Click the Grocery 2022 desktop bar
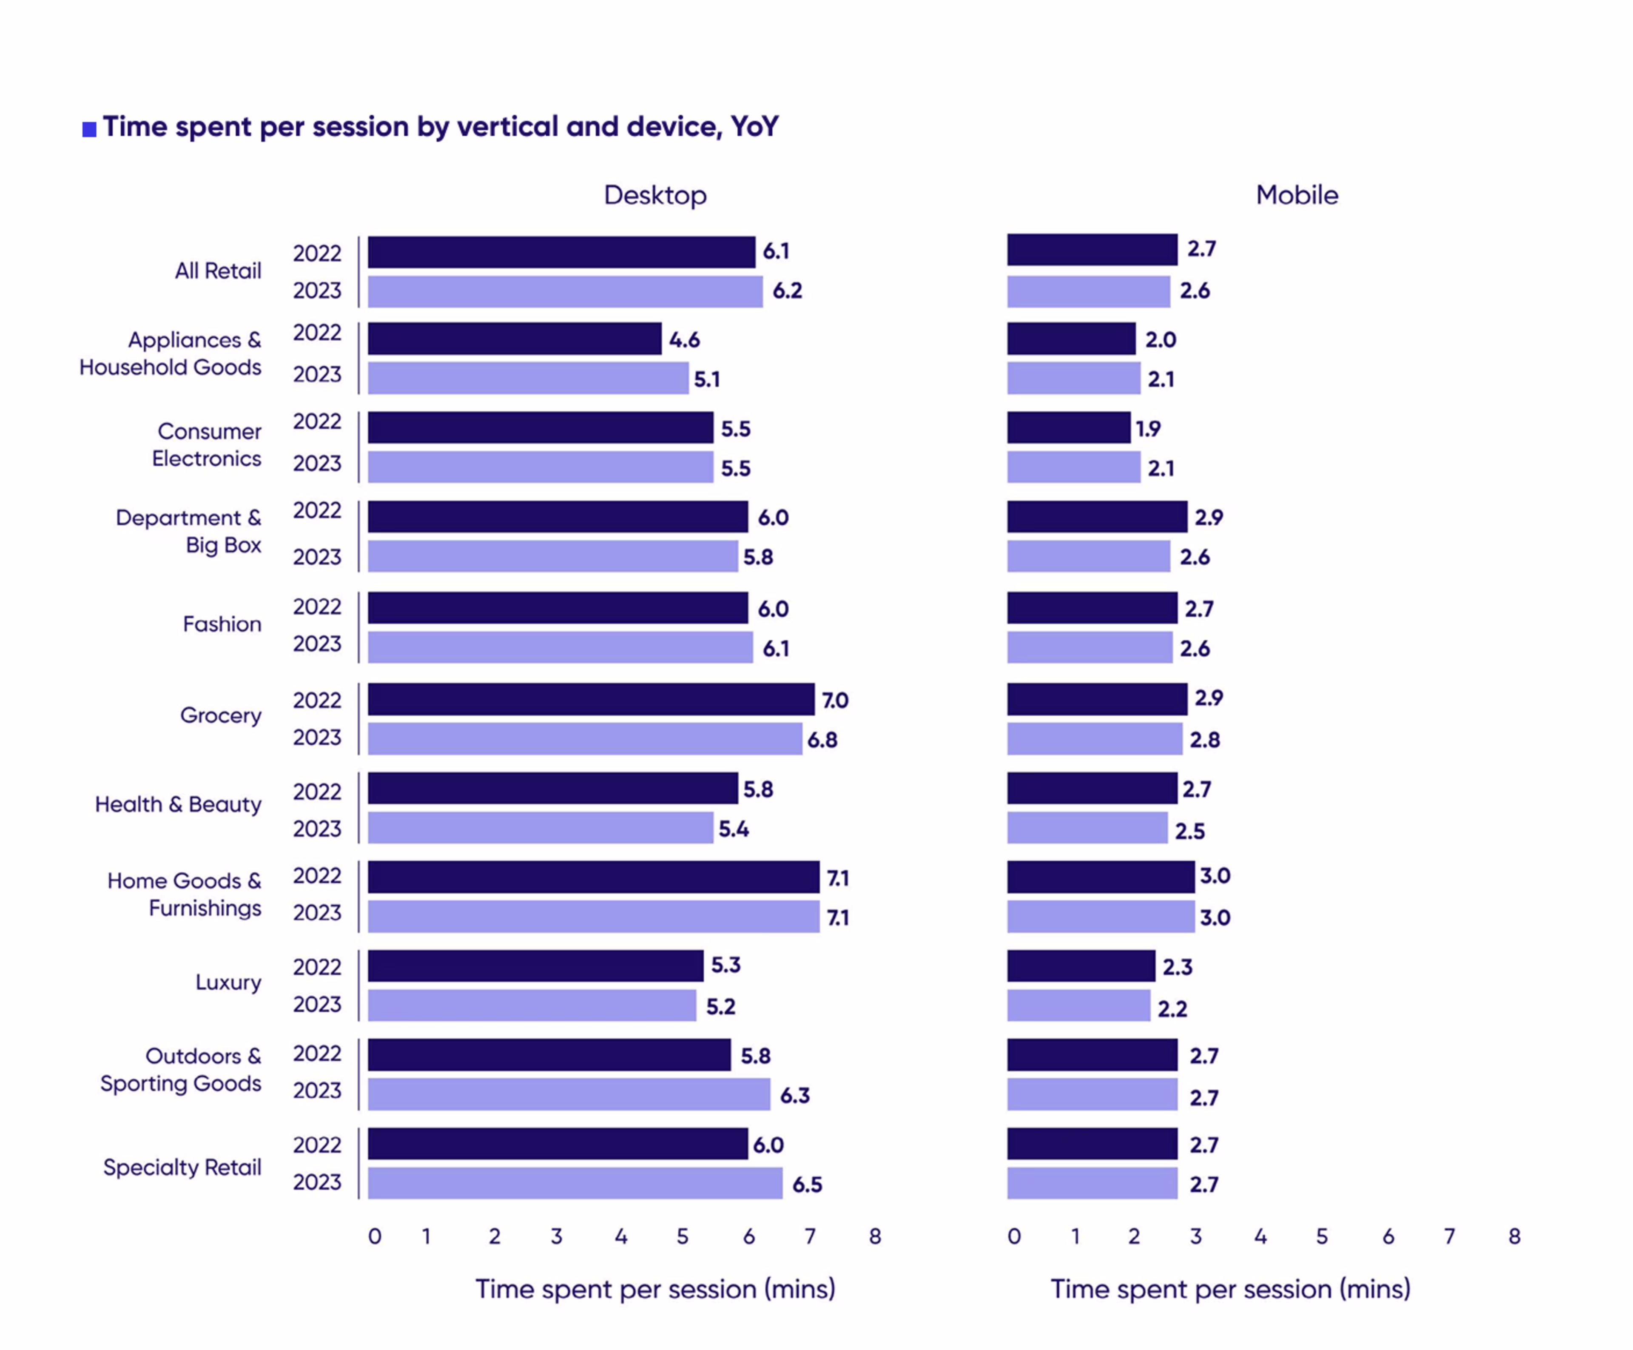click(x=591, y=699)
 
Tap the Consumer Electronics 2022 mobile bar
click(x=1068, y=428)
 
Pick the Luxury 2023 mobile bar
click(x=1078, y=1005)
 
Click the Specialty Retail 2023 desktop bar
click(x=575, y=1183)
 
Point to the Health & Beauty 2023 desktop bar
click(x=541, y=827)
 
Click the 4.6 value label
click(x=684, y=340)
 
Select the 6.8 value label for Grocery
click(x=822, y=740)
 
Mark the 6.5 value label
click(x=807, y=1185)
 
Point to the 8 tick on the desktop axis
click(x=875, y=1236)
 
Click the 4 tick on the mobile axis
click(x=1260, y=1236)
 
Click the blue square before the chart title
click(x=89, y=129)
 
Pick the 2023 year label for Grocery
click(x=316, y=737)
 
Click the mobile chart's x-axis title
click(x=1230, y=1289)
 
